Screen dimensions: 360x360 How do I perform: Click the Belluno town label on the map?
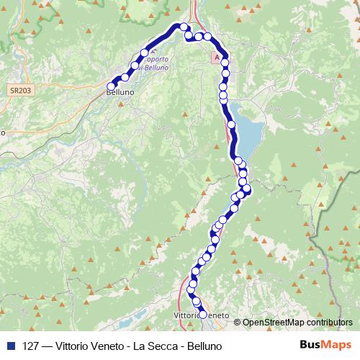tap(120, 93)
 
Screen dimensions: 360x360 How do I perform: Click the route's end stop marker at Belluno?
tap(111, 87)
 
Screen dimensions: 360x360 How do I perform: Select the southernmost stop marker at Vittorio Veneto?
tap(202, 315)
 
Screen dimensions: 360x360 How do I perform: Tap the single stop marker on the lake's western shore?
tap(231, 125)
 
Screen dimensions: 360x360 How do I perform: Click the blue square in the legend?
tap(11, 346)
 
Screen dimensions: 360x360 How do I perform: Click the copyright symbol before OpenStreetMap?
tap(238, 323)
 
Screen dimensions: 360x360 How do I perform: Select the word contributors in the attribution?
tap(329, 323)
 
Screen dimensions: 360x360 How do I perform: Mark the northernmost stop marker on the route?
tap(184, 27)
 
